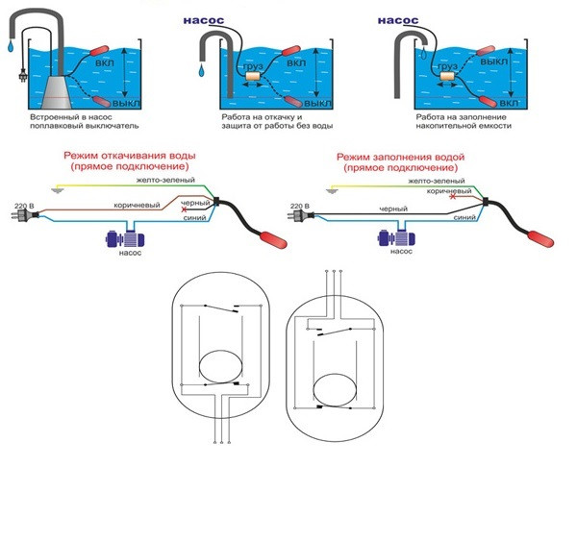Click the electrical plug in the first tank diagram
pos(23,75)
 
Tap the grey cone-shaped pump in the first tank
pos(57,92)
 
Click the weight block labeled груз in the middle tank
pos(253,77)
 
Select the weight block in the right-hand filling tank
pos(447,76)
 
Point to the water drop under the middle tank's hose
pos(201,70)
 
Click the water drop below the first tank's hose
pos(11,45)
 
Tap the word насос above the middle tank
pos(204,20)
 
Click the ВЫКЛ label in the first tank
pos(126,104)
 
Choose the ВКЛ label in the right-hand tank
pos(510,104)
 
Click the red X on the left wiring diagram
pos(184,209)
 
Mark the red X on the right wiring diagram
pos(453,197)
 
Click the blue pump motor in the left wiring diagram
pos(125,238)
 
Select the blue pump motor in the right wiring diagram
pos(396,238)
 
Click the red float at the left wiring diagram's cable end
pos(274,239)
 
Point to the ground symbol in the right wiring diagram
pos(332,190)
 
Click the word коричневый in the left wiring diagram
pos(137,205)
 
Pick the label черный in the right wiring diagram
pos(393,209)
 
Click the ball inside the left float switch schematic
pos(221,366)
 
